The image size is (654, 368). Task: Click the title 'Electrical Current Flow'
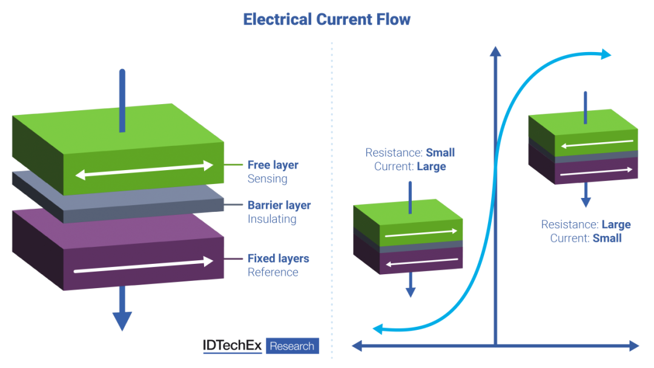tap(326, 19)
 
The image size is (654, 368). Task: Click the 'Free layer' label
tap(272, 165)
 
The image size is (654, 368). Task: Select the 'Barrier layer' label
tap(279, 205)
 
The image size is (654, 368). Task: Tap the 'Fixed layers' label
tap(278, 258)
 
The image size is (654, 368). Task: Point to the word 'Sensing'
tap(267, 179)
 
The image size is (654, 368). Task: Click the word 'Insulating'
tap(271, 219)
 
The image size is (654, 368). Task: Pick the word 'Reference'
tap(272, 272)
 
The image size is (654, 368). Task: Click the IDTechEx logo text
tap(232, 346)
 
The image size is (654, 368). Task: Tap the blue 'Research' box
tap(292, 346)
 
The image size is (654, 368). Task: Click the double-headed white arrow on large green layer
tap(144, 170)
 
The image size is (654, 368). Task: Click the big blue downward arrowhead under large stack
tap(122, 320)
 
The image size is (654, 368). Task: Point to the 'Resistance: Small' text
tap(410, 153)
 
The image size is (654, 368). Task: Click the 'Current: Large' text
tap(410, 166)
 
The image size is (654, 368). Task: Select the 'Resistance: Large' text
tap(586, 225)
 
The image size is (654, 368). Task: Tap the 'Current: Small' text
tap(586, 238)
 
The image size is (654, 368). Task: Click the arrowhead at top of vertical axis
tap(495, 51)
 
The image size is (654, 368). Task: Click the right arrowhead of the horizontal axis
tap(633, 346)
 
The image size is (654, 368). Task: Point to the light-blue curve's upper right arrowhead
tap(606, 55)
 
